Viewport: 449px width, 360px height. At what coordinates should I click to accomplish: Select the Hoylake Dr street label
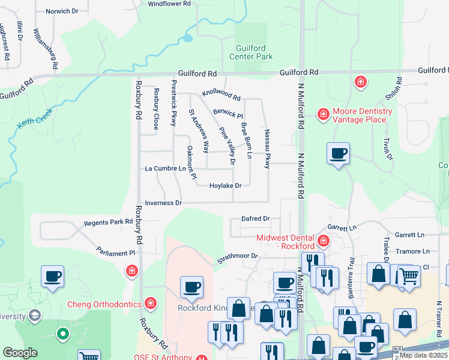(x=225, y=186)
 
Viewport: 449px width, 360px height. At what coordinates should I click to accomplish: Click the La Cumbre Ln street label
(x=165, y=169)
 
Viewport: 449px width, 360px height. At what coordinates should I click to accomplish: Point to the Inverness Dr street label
(x=163, y=203)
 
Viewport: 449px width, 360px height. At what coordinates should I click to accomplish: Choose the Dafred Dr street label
(x=255, y=219)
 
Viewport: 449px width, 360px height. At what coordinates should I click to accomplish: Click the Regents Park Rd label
(x=108, y=222)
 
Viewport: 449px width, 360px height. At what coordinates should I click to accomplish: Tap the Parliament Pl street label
(x=116, y=253)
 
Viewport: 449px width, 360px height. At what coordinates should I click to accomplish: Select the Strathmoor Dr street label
(x=237, y=257)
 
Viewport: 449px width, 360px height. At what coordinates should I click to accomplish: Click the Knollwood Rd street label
(x=221, y=95)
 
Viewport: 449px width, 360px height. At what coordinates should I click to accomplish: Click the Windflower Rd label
(x=169, y=4)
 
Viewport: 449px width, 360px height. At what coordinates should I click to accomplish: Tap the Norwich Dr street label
(x=57, y=11)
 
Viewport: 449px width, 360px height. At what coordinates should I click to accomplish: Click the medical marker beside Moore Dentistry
(x=323, y=113)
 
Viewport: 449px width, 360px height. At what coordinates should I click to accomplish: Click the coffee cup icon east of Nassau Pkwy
(x=338, y=153)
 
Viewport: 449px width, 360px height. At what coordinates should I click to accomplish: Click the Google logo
(x=20, y=353)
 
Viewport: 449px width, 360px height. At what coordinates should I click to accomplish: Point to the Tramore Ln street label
(x=412, y=251)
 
